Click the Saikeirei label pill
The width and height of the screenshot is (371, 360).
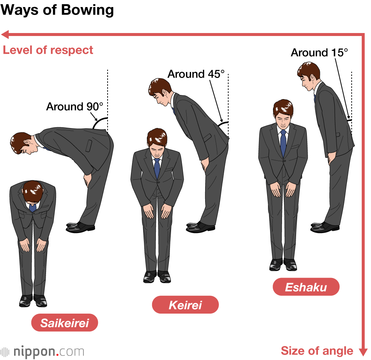pos(65,323)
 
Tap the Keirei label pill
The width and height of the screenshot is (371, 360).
pos(185,305)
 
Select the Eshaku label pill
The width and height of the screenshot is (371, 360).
pos(306,287)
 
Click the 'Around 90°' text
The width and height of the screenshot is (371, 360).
pos(75,107)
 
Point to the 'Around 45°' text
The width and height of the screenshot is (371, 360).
pos(196,74)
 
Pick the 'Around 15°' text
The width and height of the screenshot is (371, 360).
pos(319,53)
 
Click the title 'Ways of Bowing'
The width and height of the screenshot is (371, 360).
pos(57,10)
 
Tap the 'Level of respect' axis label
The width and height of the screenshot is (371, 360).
pos(48,50)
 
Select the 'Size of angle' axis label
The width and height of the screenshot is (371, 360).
pos(317,350)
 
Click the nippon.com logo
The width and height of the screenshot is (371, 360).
pos(42,351)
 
